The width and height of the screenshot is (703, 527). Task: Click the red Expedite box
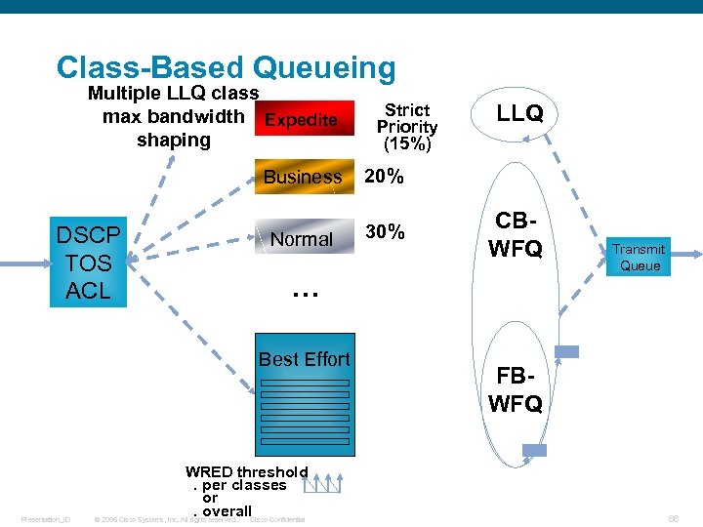click(303, 120)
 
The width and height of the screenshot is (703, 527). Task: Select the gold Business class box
click(303, 177)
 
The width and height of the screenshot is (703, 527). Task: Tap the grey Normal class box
click(303, 238)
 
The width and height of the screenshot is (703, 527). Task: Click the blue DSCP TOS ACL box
click(88, 263)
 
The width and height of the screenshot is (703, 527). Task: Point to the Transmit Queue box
click(641, 257)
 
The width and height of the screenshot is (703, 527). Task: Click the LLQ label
click(519, 113)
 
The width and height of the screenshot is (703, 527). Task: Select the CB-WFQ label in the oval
click(516, 234)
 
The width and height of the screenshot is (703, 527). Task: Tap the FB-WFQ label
click(516, 389)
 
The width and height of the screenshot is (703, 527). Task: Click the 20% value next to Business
click(384, 177)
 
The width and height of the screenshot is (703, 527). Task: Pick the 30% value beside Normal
click(384, 231)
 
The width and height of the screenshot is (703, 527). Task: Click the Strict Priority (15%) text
click(407, 127)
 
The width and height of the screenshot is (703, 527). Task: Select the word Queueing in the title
click(324, 67)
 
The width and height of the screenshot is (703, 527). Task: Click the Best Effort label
click(304, 359)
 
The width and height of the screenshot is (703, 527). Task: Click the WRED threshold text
click(246, 472)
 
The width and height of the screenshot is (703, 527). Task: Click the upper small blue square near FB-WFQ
click(566, 351)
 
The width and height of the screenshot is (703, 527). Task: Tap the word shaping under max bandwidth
click(174, 140)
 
